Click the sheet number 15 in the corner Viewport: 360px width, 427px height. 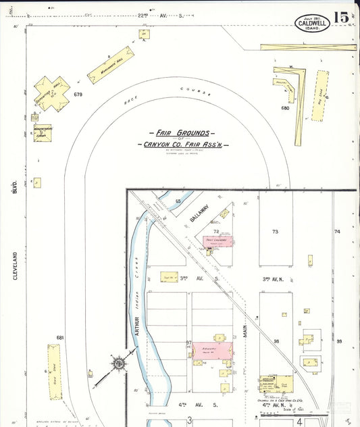click(x=342, y=18)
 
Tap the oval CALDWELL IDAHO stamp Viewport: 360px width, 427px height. click(x=313, y=23)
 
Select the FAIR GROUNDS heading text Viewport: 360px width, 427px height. click(x=182, y=134)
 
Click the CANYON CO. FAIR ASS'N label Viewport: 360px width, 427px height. click(x=182, y=145)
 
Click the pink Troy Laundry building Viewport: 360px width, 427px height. click(x=218, y=241)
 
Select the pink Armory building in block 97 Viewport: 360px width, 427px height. click(x=212, y=350)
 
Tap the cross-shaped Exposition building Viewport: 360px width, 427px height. click(x=52, y=93)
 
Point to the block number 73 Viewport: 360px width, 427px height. click(x=275, y=232)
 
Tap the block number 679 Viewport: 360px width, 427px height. click(x=78, y=95)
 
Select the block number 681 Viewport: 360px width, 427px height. click(x=59, y=337)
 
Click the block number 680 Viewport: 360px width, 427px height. click(x=285, y=107)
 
